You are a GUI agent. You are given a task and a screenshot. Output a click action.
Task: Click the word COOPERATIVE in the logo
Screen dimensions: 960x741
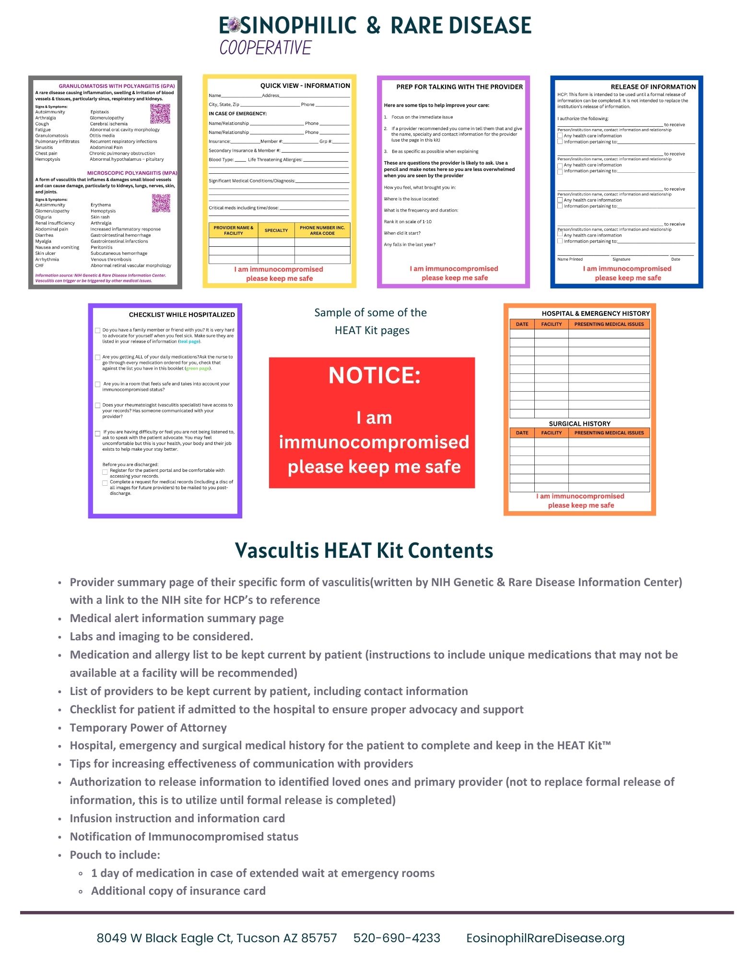click(265, 48)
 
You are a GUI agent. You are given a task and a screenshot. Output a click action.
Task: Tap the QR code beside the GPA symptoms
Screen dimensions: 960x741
click(160, 114)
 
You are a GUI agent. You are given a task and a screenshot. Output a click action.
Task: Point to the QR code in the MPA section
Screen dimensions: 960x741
click(161, 203)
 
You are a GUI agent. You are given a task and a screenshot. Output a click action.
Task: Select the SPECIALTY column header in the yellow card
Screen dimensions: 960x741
click(276, 230)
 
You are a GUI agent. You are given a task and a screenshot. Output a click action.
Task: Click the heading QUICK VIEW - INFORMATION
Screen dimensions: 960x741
click(305, 85)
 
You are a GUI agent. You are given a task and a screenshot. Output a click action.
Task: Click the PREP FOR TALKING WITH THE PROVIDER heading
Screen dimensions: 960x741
click(459, 87)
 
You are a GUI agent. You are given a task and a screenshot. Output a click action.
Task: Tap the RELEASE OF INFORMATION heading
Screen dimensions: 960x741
click(653, 87)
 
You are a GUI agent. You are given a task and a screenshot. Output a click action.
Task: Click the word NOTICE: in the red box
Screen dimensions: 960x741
click(374, 375)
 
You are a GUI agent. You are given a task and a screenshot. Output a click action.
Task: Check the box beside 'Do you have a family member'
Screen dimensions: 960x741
click(98, 330)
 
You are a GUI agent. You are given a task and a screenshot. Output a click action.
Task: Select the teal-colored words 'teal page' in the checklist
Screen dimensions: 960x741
click(189, 342)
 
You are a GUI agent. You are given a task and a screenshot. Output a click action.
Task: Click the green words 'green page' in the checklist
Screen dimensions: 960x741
click(198, 369)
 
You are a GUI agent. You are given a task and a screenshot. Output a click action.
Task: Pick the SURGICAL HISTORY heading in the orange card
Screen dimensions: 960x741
click(579, 424)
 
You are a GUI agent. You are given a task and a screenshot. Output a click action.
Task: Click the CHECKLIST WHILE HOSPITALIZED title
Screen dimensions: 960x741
click(182, 315)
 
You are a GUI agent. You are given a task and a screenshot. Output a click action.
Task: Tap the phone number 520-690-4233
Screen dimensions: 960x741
click(397, 938)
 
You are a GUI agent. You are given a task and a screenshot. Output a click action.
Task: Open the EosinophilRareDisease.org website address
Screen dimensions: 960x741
click(545, 938)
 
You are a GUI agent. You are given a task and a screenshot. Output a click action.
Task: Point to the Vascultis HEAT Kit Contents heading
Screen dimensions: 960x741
click(364, 551)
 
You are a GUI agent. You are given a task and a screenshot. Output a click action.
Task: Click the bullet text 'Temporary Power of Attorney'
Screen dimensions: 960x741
click(148, 728)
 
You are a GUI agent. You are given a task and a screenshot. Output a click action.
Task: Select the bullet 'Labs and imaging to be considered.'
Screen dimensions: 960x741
click(161, 636)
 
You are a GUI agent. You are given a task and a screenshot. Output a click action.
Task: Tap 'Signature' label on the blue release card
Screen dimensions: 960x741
click(621, 259)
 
